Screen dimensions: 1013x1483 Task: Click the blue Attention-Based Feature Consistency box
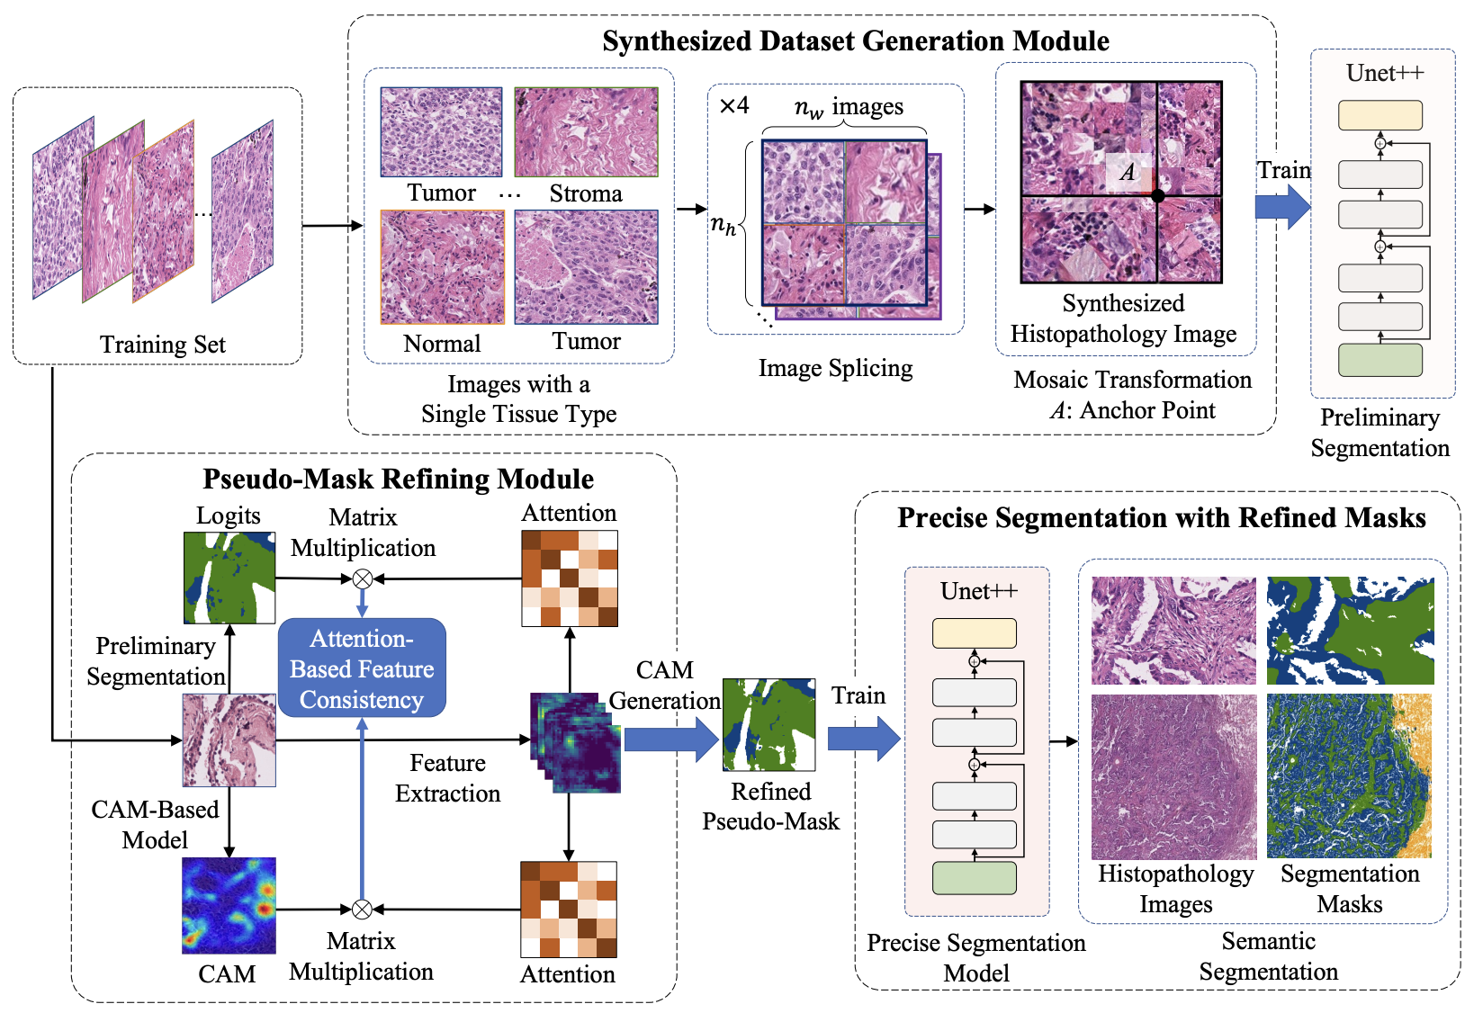tap(362, 668)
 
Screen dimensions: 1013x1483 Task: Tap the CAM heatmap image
tap(229, 905)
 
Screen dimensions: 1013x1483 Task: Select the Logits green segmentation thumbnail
tap(229, 578)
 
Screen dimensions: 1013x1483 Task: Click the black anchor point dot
tap(1158, 195)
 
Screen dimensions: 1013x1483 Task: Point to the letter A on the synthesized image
tap(1128, 172)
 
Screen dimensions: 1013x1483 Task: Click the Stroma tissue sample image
tap(586, 131)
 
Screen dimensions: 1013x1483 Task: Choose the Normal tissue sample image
tap(442, 267)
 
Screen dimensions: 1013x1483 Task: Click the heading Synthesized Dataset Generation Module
tap(855, 41)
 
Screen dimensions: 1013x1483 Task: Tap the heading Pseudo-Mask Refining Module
tap(398, 479)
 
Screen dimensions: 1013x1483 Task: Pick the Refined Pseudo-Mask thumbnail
tap(768, 724)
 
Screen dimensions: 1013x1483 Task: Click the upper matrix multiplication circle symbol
tap(362, 578)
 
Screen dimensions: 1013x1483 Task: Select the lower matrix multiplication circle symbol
tap(362, 910)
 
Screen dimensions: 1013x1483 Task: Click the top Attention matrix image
tap(570, 578)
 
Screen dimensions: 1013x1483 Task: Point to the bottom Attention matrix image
tap(569, 909)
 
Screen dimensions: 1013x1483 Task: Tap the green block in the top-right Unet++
tap(1380, 360)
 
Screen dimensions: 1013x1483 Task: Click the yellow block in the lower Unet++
tap(975, 633)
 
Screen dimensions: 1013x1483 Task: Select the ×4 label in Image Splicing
tap(734, 106)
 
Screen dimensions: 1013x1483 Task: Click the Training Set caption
tap(162, 345)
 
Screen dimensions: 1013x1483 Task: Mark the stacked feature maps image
tap(575, 742)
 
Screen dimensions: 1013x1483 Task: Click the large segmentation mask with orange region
tap(1348, 775)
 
